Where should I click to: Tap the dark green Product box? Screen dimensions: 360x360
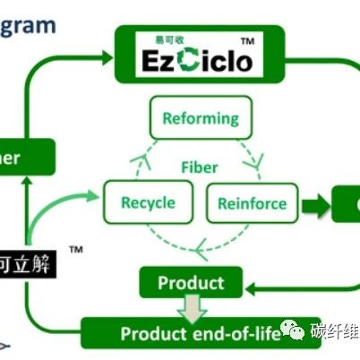[190, 283]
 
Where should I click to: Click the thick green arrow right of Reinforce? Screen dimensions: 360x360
[314, 203]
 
